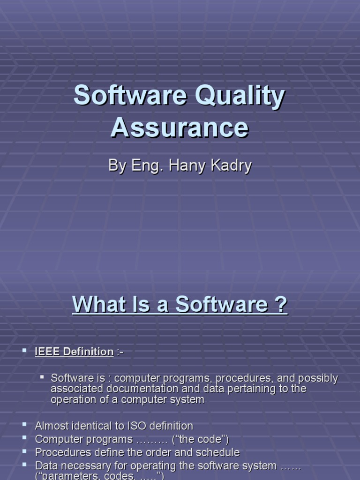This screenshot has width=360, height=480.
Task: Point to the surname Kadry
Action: click(x=232, y=165)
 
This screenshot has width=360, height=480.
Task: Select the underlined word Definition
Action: click(x=89, y=352)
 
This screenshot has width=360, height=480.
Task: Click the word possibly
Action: click(x=318, y=378)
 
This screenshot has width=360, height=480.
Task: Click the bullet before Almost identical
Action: click(x=25, y=424)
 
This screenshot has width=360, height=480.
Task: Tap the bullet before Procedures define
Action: click(x=25, y=451)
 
